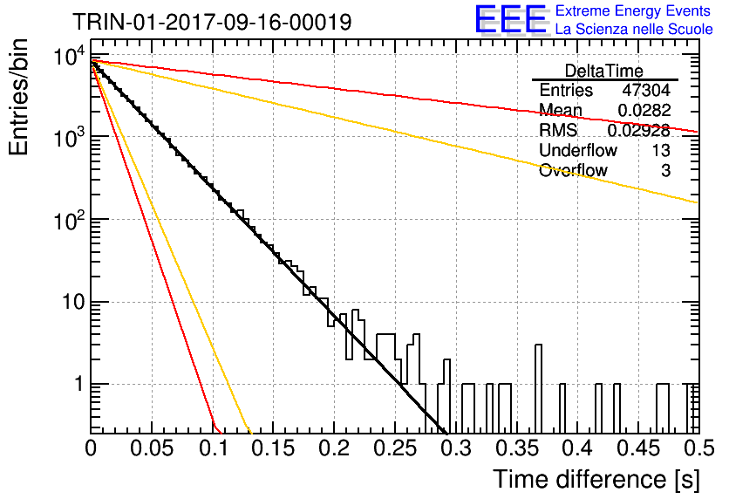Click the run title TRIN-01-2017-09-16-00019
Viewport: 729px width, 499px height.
[x=212, y=22]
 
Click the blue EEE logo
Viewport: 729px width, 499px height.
[x=511, y=19]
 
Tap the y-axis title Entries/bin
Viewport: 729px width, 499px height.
[x=18, y=97]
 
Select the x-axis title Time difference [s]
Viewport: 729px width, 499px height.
[x=596, y=480]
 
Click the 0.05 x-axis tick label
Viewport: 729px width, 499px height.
[x=152, y=448]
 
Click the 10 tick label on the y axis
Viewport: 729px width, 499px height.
[x=73, y=303]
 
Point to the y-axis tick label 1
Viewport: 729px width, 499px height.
[x=78, y=385]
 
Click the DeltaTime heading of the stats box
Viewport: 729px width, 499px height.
[x=604, y=71]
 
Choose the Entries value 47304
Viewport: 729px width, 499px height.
[x=646, y=90]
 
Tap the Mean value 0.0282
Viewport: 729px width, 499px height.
[x=644, y=110]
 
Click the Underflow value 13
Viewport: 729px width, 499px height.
[x=660, y=150]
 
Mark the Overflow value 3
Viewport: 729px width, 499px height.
[x=665, y=170]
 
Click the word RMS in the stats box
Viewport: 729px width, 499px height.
[x=558, y=130]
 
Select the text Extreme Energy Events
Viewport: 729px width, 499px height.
[x=633, y=10]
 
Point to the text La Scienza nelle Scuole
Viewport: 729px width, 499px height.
[x=634, y=29]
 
